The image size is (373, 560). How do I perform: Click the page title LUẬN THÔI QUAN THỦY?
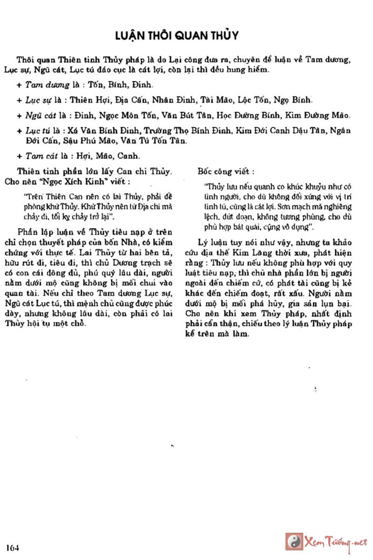click(177, 36)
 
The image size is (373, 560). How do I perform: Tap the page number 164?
click(13, 547)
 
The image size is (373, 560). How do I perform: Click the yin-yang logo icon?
click(293, 541)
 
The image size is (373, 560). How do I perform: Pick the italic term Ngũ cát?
click(38, 115)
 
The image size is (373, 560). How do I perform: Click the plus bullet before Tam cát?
click(19, 156)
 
